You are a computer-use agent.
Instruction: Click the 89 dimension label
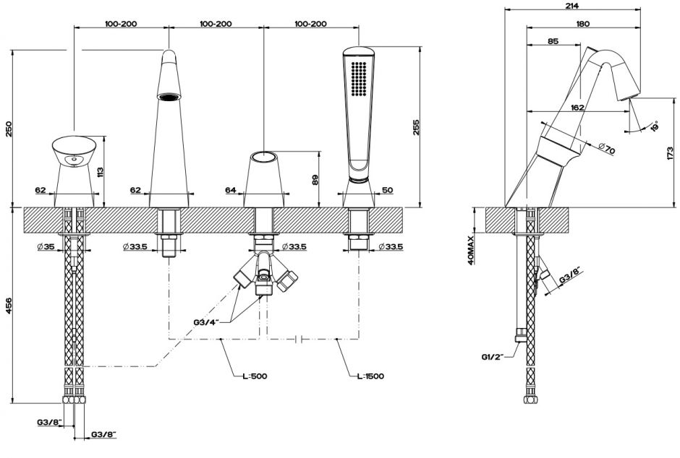point(315,179)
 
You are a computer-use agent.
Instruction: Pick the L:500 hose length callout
point(255,376)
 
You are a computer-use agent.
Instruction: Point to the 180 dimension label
point(582,24)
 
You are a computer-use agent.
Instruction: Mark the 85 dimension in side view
point(553,42)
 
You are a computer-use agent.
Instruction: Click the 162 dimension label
point(577,108)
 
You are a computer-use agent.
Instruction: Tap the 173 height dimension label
point(672,153)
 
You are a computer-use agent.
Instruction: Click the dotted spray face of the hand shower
point(359,79)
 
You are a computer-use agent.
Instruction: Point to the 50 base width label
point(387,191)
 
